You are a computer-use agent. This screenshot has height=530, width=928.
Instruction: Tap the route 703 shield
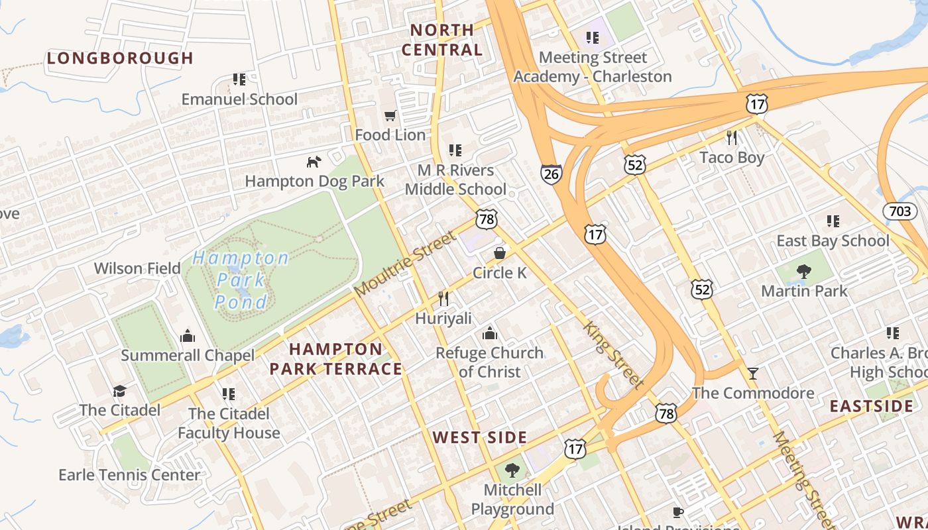coord(900,211)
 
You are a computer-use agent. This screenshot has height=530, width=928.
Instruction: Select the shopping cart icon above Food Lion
coord(390,116)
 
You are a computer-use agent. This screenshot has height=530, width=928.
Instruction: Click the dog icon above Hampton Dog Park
coord(314,162)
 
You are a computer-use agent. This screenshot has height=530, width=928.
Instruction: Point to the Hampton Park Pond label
coord(241,280)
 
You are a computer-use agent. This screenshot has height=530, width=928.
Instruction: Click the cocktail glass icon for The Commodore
coord(753,374)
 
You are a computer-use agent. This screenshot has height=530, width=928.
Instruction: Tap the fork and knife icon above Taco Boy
coord(732,138)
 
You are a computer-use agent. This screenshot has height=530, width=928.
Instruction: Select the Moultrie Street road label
coord(406,264)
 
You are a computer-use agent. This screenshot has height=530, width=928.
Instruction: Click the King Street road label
coord(614,355)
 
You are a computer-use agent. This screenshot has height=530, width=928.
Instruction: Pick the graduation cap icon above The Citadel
coord(119,391)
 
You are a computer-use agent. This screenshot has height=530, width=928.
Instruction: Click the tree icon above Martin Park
coord(804,271)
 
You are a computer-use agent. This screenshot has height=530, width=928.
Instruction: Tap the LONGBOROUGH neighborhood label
coord(120,58)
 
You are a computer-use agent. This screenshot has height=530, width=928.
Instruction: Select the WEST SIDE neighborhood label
coord(480,437)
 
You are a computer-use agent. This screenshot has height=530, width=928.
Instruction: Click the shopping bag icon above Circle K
coord(500,254)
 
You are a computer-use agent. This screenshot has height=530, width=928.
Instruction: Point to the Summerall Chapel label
coord(188,355)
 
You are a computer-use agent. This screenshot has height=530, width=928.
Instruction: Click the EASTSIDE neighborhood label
coord(872,406)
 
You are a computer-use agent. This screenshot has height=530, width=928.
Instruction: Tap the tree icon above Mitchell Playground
coord(512,471)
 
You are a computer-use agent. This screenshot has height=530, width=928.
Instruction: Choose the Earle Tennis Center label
coord(129,475)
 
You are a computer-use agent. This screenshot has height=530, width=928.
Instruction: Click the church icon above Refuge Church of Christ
coord(489,333)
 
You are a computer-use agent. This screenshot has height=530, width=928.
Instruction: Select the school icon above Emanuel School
coord(239,80)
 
